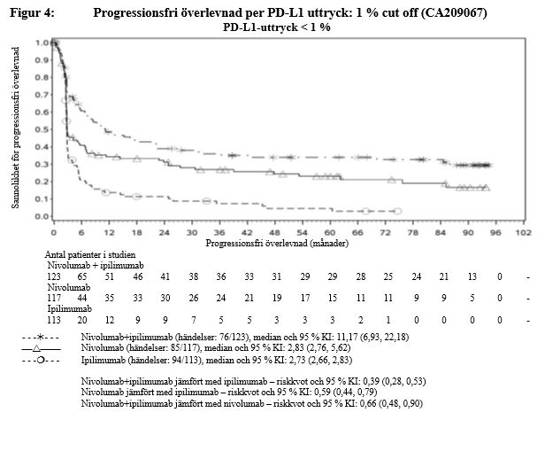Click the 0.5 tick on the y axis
click(x=41, y=129)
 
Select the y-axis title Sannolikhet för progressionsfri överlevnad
click(x=17, y=129)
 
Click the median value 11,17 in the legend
click(x=323, y=338)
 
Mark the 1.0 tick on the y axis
click(x=41, y=43)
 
